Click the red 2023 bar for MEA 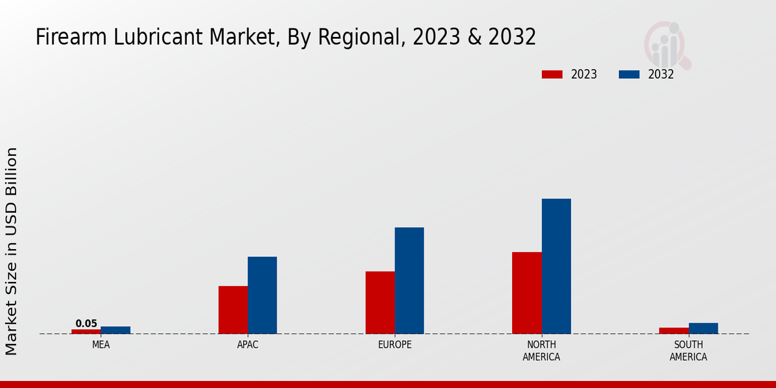point(86,332)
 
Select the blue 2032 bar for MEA point(115,330)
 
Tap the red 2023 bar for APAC point(233,310)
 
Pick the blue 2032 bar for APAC point(262,295)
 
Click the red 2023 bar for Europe point(380,303)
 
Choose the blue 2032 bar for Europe point(409,281)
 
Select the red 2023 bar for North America point(526,293)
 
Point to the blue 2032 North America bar point(556,266)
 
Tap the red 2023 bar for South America point(674,331)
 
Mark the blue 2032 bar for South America point(703,329)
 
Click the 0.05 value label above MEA point(86,324)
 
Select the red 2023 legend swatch point(552,74)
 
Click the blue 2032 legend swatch point(629,74)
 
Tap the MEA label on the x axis point(101,345)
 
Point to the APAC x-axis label point(248,345)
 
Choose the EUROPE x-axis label point(394,345)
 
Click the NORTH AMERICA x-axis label point(541,350)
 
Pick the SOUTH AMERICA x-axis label point(688,350)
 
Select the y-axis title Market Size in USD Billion point(12,251)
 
